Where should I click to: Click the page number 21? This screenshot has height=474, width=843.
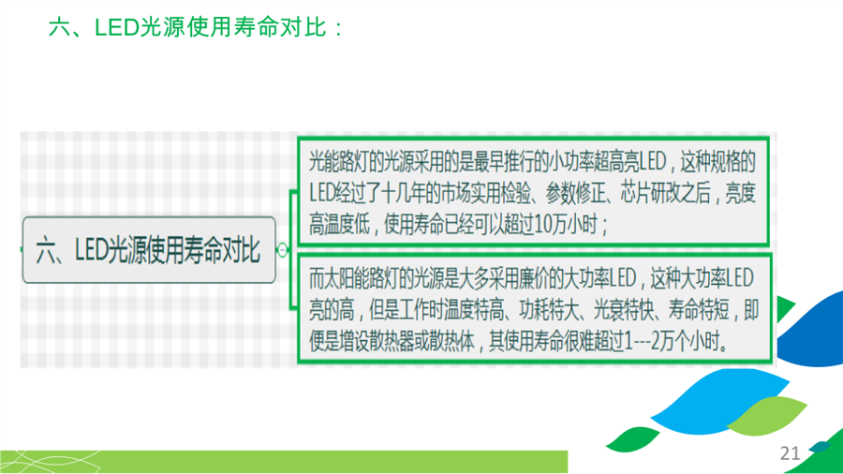click(x=790, y=453)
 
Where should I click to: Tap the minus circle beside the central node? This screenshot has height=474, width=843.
click(x=282, y=249)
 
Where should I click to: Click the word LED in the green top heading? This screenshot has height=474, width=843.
click(x=117, y=27)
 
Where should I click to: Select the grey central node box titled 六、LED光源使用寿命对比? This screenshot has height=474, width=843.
click(x=149, y=250)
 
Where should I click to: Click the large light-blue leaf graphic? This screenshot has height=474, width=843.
click(x=720, y=400)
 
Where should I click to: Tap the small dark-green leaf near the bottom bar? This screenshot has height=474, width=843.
click(x=632, y=439)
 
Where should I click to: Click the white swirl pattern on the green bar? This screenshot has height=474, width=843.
click(x=52, y=462)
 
